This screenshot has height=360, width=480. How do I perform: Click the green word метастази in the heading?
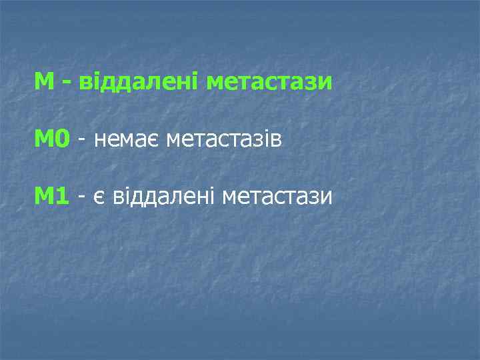tap(269, 83)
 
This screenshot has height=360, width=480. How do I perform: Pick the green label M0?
tap(52, 139)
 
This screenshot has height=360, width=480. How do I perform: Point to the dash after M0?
tap(81, 141)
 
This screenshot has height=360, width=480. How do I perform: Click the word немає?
tap(127, 139)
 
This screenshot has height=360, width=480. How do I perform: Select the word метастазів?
tap(225, 139)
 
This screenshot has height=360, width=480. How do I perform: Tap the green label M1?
tap(52, 196)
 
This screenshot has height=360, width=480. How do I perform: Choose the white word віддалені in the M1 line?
tap(161, 196)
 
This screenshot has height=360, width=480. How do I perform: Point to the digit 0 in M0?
tap(62, 139)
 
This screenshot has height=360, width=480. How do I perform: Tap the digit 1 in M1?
tap(62, 196)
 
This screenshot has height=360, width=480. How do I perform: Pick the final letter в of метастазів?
tap(277, 141)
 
